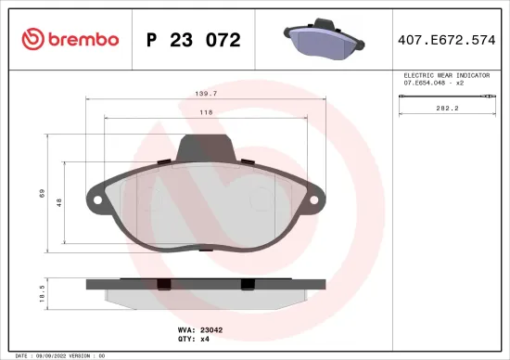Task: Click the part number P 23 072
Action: click(194, 39)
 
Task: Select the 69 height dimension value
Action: click(42, 193)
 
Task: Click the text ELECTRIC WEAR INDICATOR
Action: click(444, 74)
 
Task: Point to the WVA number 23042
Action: click(212, 328)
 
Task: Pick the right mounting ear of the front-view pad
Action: click(317, 199)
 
